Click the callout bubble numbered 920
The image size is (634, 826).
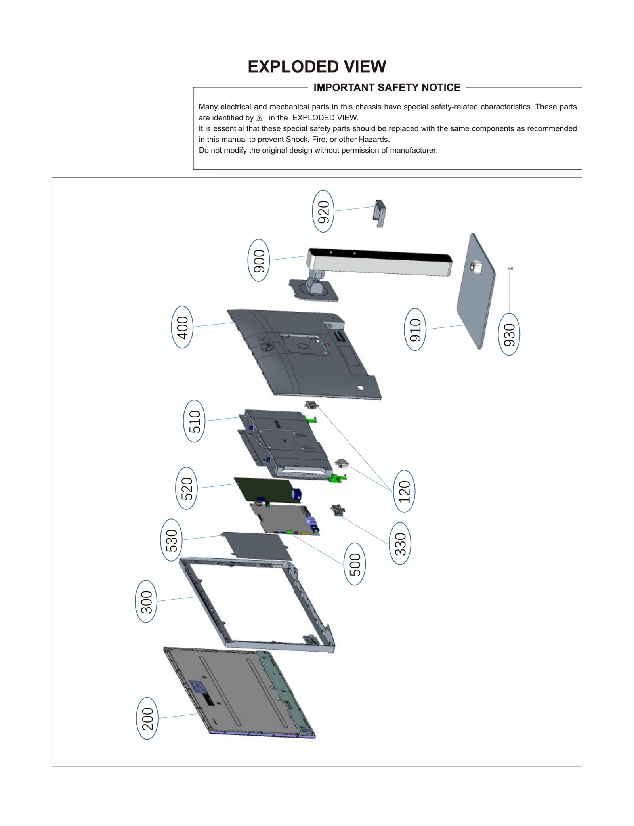tap(323, 211)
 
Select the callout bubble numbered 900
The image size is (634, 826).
tap(259, 260)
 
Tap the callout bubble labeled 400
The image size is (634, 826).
tap(182, 327)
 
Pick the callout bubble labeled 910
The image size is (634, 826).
tap(415, 329)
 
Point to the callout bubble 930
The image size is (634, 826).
tap(509, 334)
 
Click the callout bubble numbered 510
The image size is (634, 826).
tap(194, 421)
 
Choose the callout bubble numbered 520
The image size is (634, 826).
tap(186, 488)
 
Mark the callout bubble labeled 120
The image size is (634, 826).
tap(404, 491)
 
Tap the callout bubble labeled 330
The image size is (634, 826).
tap(400, 543)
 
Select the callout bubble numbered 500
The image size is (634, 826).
tap(355, 564)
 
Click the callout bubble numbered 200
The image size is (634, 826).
tap(147, 718)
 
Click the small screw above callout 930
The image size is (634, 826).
tap(510, 269)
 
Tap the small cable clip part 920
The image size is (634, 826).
tap(379, 212)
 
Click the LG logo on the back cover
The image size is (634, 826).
tap(267, 344)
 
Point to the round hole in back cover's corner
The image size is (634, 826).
tap(360, 388)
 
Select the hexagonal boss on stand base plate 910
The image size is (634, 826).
tap(475, 268)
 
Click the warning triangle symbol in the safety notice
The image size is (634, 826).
tap(260, 118)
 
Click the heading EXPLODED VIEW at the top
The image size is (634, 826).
tap(317, 67)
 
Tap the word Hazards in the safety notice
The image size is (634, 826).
tap(374, 140)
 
